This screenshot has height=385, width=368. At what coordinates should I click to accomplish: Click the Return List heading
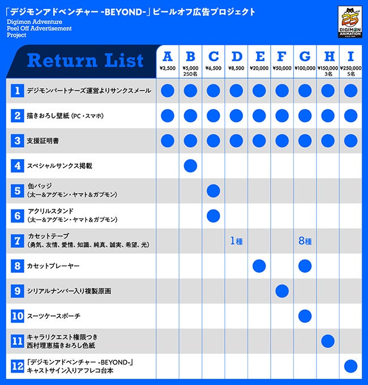tap(85, 61)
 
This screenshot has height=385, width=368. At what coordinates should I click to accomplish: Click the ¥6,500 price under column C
tap(213, 68)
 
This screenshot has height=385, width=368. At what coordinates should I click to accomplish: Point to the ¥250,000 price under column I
tap(350, 68)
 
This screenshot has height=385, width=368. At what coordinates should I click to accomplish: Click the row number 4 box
tap(18, 166)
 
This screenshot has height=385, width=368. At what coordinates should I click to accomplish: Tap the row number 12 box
tap(18, 366)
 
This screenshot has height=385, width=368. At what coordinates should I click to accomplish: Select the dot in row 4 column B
tap(190, 166)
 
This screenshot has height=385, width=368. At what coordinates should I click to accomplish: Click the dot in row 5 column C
tap(213, 191)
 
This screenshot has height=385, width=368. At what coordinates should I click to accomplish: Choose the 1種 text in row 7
tap(236, 241)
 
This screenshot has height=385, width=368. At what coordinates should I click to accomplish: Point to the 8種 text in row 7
tap(305, 241)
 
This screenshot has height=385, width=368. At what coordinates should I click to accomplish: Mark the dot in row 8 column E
tap(259, 266)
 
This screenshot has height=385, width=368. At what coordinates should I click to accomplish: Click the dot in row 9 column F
tap(282, 291)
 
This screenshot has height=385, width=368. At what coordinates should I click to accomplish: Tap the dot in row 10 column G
tap(305, 316)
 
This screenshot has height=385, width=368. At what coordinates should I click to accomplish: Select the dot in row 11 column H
tap(328, 341)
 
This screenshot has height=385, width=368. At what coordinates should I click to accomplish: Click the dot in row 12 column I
tap(350, 366)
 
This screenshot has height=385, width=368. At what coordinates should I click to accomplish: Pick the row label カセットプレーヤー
tap(54, 266)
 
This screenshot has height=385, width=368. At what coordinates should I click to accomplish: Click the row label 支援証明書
tap(42, 140)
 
